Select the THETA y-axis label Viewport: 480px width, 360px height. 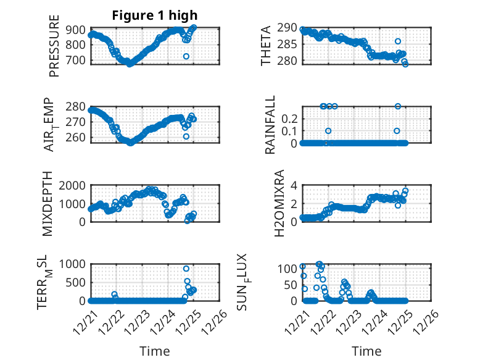coord(265,46)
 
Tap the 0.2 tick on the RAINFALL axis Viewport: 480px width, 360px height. coord(290,118)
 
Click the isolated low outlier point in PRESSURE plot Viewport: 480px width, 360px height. coord(186,56)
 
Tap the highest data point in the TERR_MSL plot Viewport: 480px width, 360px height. coord(186,269)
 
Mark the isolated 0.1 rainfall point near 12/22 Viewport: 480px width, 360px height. coord(328,131)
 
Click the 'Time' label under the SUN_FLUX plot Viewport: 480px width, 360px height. coord(366,351)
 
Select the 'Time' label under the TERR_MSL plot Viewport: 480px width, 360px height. coord(154,351)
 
